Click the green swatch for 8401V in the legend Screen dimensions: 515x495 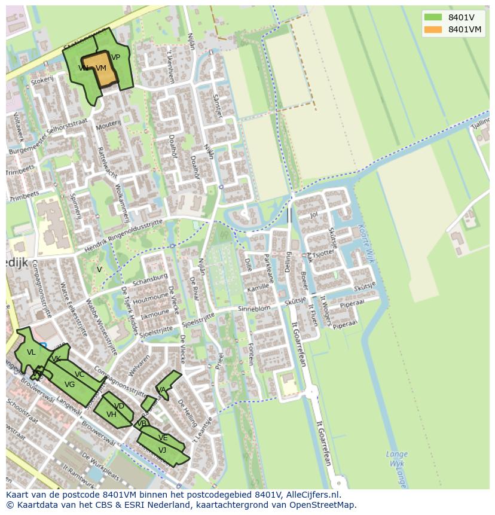[x=433, y=17]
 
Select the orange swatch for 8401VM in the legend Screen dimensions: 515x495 [x=433, y=29]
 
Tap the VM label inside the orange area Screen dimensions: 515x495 [x=100, y=68]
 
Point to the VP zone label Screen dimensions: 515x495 [x=115, y=57]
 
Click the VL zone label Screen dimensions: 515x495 [x=31, y=352]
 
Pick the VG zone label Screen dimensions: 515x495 [x=69, y=385]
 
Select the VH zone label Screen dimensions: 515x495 [x=111, y=414]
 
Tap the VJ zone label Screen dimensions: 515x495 [x=162, y=450]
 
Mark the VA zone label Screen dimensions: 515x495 [x=161, y=390]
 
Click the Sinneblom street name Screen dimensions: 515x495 [x=254, y=308]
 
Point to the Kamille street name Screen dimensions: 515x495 [x=258, y=288]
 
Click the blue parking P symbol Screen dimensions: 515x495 [x=42, y=346]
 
